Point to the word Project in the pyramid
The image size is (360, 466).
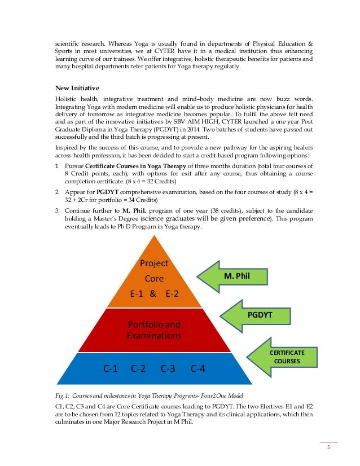point(154,263)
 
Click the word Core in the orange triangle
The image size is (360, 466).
point(154,278)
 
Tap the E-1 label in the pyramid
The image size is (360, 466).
point(138,293)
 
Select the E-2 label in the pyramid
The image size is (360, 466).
point(172,293)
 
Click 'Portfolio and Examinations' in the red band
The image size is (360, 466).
point(154,329)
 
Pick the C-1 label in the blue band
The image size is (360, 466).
point(110,369)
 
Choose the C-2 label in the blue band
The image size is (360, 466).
point(138,369)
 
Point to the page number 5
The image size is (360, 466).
point(328,450)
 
